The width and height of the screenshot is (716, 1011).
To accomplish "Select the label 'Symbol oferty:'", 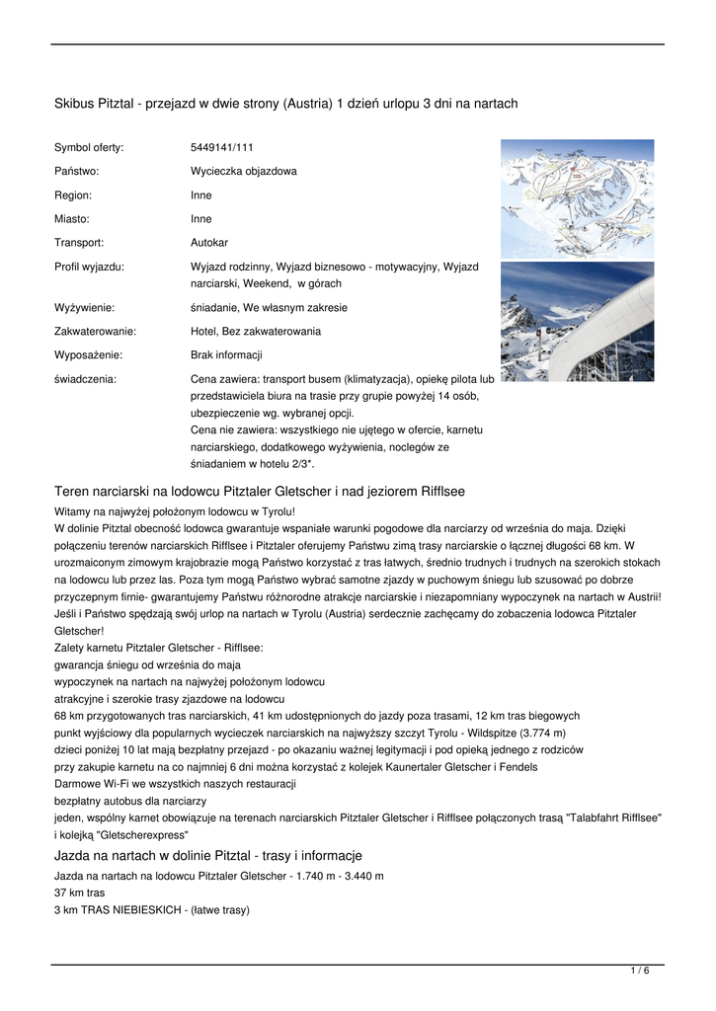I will (89, 147).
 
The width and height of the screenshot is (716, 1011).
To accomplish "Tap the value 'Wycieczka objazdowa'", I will (243, 171).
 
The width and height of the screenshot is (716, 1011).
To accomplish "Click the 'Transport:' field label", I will (79, 242).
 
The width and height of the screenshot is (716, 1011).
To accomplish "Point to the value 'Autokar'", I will (208, 242).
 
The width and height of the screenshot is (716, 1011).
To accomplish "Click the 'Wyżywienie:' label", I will (84, 308).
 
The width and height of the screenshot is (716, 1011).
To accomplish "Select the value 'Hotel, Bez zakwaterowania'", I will (255, 332).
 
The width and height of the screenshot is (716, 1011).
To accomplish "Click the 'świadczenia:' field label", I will (84, 379).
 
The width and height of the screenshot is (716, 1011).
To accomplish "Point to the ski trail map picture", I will (577, 197).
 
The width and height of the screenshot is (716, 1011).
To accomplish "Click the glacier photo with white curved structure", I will (577, 321).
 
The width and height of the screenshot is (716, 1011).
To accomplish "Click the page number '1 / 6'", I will (640, 971).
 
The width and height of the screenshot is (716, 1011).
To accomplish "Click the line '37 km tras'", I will (79, 893).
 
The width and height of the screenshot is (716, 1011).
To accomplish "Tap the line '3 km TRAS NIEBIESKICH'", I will (151, 910).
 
